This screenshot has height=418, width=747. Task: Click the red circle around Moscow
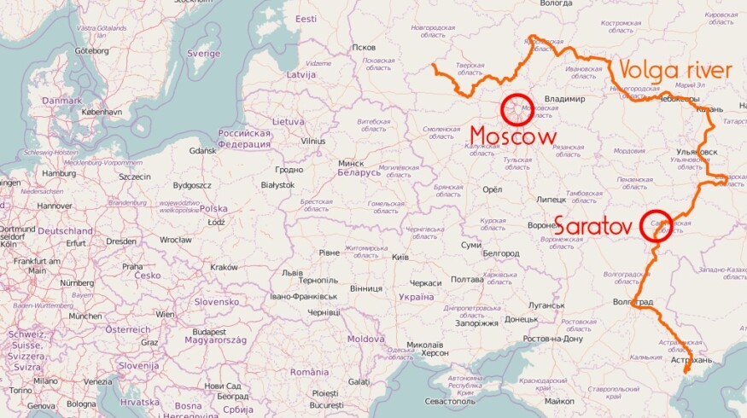click(x=517, y=110)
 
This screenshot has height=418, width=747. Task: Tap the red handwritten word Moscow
click(x=513, y=136)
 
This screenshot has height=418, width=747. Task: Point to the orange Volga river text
click(x=674, y=70)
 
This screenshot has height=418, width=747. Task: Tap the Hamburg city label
click(x=59, y=173)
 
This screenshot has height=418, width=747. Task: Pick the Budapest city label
click(x=208, y=332)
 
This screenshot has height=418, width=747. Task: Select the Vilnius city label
click(x=313, y=142)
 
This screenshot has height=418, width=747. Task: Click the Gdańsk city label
click(x=202, y=151)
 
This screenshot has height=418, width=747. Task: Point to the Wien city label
click(x=165, y=314)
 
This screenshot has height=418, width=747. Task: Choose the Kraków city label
click(x=224, y=267)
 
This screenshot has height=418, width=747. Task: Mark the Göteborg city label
click(x=92, y=50)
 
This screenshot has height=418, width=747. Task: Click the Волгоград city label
click(x=633, y=303)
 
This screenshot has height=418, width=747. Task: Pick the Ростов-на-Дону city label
click(x=552, y=339)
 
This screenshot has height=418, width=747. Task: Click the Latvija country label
click(x=301, y=75)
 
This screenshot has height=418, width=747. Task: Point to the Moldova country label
click(x=365, y=339)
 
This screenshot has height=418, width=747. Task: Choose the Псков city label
click(x=364, y=47)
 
